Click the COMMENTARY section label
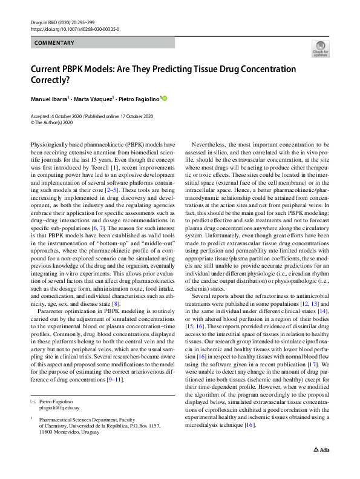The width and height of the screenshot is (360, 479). (54, 43)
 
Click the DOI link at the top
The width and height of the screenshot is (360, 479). (74, 28)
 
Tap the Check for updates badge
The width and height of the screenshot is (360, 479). (320, 48)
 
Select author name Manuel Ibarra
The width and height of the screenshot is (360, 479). (50, 98)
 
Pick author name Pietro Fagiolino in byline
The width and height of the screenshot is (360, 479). (139, 98)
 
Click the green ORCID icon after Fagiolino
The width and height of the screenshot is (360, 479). (163, 97)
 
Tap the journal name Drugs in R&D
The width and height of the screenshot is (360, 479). (44, 22)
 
